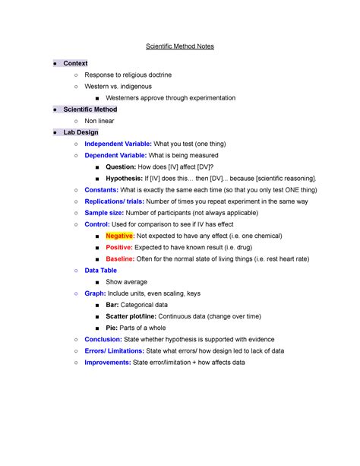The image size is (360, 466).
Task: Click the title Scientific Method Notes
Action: (x=180, y=46)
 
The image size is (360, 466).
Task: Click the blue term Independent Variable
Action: (x=117, y=144)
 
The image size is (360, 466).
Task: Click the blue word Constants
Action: (x=101, y=189)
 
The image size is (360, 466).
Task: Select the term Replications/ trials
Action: (x=114, y=201)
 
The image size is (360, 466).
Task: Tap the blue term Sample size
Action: (x=105, y=213)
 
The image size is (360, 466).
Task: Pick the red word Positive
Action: (x=118, y=247)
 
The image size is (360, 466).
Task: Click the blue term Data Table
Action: (x=101, y=270)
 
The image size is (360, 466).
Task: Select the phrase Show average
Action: (x=126, y=281)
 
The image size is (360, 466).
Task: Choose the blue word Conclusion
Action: (x=103, y=340)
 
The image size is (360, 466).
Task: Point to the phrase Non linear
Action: (x=99, y=120)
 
